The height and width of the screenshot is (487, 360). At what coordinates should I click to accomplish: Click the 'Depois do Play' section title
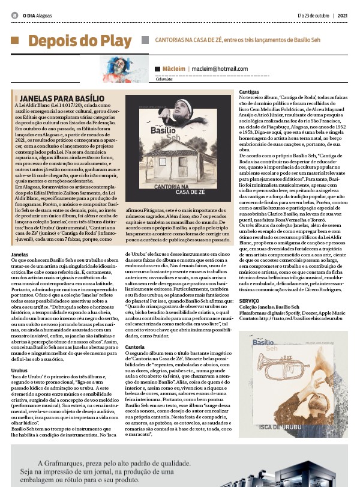(79, 41)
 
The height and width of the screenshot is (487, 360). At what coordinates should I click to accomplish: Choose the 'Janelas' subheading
(20, 255)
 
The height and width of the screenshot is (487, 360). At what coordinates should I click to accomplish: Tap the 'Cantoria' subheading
(134, 346)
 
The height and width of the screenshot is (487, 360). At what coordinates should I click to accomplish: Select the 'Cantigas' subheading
(249, 91)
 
